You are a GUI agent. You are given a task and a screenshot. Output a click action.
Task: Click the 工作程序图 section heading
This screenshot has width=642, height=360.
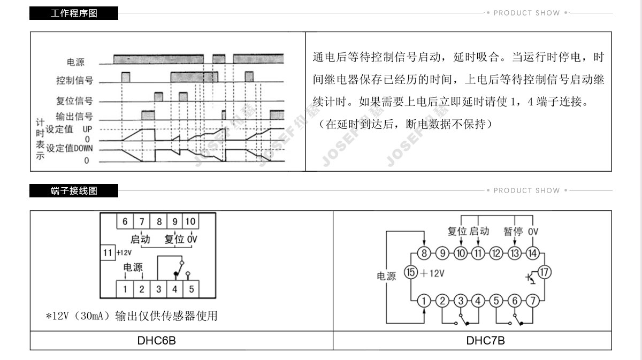(x=74, y=13)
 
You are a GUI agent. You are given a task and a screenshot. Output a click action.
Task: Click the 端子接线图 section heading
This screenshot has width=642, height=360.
(x=74, y=190)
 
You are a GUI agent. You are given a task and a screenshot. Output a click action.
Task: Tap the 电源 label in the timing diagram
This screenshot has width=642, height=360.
(x=75, y=63)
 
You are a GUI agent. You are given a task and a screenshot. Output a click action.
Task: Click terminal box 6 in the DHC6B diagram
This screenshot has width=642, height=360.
(x=125, y=221)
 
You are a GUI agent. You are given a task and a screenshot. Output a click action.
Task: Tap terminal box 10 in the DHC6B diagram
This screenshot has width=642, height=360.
(x=191, y=221)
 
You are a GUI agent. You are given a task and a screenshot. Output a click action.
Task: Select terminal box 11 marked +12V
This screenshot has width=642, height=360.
(x=108, y=252)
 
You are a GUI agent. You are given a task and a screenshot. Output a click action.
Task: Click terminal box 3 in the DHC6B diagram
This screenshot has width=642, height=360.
(x=158, y=289)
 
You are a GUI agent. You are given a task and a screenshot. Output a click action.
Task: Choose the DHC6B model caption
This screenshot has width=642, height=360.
(x=156, y=340)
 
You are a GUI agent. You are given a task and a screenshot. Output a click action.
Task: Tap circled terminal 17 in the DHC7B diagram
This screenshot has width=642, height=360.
(x=544, y=272)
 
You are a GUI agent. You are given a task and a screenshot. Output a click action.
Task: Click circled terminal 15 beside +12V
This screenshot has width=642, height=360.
(x=410, y=272)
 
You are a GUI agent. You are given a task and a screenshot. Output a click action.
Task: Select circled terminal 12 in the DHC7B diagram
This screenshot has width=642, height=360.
(x=496, y=253)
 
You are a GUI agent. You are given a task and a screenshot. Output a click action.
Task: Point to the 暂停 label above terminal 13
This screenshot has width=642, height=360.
(x=513, y=231)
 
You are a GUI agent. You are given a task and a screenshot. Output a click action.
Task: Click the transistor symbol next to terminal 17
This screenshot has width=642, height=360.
(x=530, y=277)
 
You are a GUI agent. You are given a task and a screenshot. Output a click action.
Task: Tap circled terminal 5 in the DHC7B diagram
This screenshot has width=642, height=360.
(x=496, y=301)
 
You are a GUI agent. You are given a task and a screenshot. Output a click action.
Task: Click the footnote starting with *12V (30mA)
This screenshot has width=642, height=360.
(x=132, y=316)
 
